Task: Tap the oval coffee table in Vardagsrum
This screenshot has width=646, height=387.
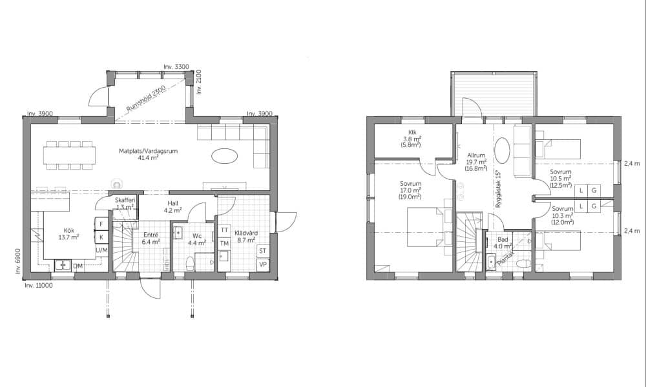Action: point(225,156)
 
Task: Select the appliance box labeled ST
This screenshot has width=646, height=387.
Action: point(262,251)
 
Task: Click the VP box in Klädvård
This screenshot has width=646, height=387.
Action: point(262,264)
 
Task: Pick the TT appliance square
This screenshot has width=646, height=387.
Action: point(225,230)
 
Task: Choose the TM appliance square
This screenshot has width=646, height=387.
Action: point(225,243)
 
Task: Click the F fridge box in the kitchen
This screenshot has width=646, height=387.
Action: point(101,224)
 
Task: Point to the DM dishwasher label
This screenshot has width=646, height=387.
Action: point(78,266)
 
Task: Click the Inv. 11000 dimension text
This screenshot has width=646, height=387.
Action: point(39,286)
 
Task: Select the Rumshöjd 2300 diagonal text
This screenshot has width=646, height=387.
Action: point(146,98)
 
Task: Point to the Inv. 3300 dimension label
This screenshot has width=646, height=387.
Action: point(176,66)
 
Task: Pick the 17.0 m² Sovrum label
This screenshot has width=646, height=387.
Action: point(410,190)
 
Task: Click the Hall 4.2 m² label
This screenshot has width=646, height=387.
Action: point(173,207)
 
